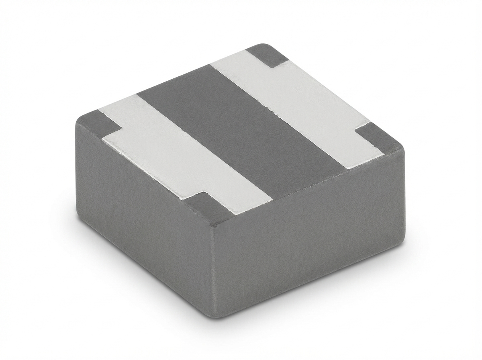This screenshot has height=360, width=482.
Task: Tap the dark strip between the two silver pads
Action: click(241, 129)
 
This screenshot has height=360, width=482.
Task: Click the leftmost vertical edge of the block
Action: click(77, 169)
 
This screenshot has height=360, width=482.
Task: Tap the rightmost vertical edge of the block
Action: click(404, 197)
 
